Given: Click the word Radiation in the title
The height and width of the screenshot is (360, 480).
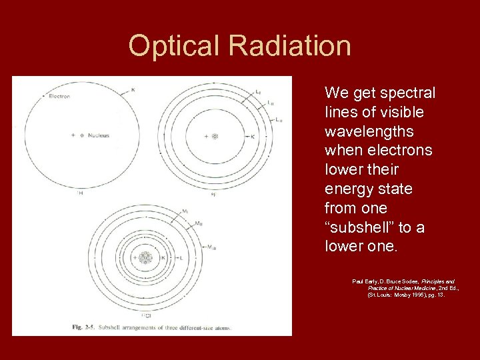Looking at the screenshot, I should tap(289, 46).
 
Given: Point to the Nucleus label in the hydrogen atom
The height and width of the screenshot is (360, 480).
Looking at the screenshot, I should tap(97, 135).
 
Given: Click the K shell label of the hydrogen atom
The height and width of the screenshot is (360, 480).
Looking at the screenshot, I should tap(133, 89).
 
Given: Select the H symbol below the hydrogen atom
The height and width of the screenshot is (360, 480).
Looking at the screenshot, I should tap(81, 193).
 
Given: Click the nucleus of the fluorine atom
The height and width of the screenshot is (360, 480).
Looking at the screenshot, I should tap(215, 136).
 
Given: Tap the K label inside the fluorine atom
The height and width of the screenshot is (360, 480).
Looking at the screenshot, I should tap(252, 137).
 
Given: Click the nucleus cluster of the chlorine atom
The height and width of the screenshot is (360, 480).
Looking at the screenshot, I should tap(145, 257).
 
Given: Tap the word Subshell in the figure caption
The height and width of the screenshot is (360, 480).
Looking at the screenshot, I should tap(117, 327).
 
